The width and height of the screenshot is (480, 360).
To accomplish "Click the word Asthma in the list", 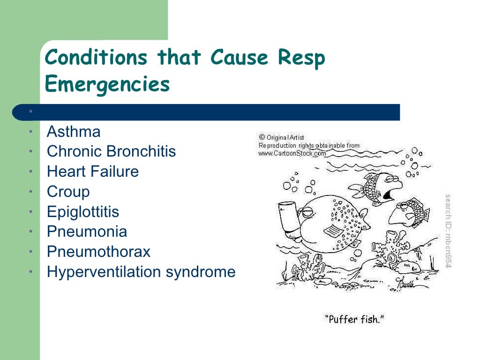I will tap(74, 132).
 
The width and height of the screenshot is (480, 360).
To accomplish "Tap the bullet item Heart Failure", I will tap(93, 172).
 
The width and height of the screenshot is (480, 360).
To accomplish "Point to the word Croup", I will tap(68, 192).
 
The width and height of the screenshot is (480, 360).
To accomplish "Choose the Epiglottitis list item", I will tap(83, 212).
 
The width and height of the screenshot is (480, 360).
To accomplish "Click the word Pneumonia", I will tap(87, 232).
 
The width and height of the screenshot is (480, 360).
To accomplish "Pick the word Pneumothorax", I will tap(98, 252).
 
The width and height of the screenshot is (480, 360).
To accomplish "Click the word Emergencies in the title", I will tap(107, 84).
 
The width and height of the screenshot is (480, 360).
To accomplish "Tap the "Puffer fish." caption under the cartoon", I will tap(354, 319).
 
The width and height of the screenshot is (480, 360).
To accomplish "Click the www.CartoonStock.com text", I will tap(292, 153).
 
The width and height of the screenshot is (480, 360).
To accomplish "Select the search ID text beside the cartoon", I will tap(448, 231).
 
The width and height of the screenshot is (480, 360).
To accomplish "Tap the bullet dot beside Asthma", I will tap(30, 132).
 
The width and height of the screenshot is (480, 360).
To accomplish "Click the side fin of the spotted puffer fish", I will tap(335, 231).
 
